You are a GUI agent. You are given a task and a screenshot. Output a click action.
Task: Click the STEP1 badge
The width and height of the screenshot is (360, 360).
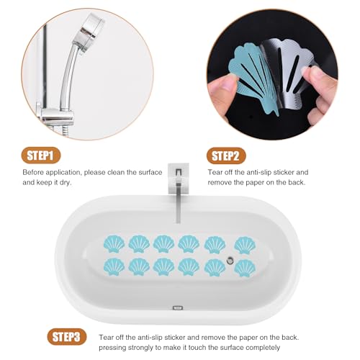pos(41,156)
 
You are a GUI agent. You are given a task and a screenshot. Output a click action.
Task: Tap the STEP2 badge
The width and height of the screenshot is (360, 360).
pos(226,156)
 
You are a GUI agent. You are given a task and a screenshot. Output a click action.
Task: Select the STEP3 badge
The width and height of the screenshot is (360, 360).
pos(67,337)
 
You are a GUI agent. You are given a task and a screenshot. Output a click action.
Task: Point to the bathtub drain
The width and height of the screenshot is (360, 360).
pos(230,260)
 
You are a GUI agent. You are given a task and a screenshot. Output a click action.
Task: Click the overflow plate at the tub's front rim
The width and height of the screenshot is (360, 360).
pos(178,307)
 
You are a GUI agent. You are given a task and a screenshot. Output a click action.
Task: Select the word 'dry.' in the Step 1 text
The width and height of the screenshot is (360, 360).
pos(66,183)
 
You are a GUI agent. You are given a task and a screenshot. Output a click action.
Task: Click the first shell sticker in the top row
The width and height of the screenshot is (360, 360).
pos(114,244)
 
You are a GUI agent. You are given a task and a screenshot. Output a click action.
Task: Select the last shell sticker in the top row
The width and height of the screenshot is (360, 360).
pos(245,245)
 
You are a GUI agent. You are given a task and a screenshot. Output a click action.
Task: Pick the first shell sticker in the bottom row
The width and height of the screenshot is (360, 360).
pos(114,266)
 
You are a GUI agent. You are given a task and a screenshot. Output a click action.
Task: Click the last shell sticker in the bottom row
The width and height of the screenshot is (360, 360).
pos(245,268)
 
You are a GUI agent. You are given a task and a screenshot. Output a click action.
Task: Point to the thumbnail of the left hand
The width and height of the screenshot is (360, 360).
pos(225,81)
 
